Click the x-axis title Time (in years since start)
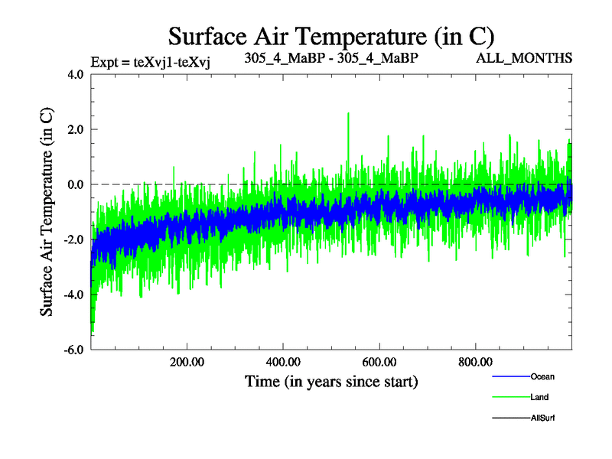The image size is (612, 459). [x=331, y=381]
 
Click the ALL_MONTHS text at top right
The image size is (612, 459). [x=524, y=58]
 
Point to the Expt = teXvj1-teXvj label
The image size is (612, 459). [x=150, y=63]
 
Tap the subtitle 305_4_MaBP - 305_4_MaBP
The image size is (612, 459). [x=331, y=58]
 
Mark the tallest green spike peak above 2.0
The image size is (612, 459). [x=349, y=113]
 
